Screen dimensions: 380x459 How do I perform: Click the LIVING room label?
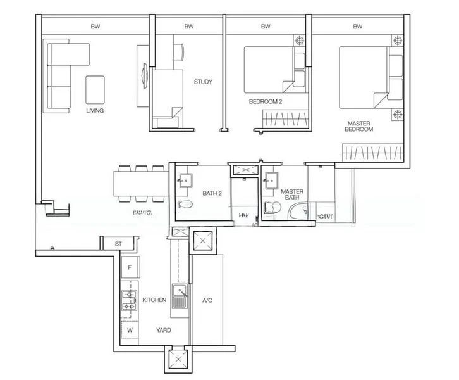(95, 110)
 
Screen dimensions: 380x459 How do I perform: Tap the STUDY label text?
(203, 82)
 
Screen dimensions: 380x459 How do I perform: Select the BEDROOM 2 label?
(265, 101)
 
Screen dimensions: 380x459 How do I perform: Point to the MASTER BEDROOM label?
(358, 125)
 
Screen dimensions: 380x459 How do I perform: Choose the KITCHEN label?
(154, 300)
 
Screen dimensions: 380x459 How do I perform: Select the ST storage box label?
(118, 243)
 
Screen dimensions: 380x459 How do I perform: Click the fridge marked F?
(130, 268)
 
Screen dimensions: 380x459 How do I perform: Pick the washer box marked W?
(130, 330)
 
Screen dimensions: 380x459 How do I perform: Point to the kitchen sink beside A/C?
(180, 296)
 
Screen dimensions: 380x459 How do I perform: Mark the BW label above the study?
(188, 27)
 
